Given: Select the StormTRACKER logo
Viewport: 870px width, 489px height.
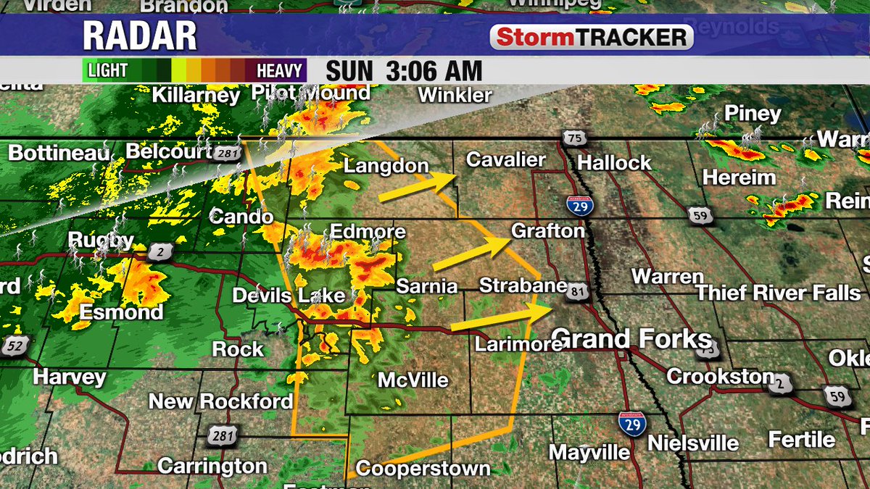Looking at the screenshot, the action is pyautogui.click(x=591, y=38).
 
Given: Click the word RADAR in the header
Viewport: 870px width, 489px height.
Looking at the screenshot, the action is pyautogui.click(x=139, y=36).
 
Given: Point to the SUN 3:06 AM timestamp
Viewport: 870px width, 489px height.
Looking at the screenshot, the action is pyautogui.click(x=404, y=71).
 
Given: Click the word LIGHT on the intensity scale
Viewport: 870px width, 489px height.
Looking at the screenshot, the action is pyautogui.click(x=108, y=71).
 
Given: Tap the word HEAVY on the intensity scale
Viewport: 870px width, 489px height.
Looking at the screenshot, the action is pyautogui.click(x=279, y=71).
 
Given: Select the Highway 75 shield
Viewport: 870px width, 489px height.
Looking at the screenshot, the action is pyautogui.click(x=573, y=139).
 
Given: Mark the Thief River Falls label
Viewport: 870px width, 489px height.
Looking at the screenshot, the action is pyautogui.click(x=778, y=293).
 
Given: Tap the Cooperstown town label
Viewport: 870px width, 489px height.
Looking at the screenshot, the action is pyautogui.click(x=423, y=469).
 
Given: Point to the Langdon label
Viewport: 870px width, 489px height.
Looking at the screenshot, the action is pyautogui.click(x=386, y=166).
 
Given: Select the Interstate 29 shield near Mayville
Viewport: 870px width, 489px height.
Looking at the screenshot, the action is pyautogui.click(x=633, y=425).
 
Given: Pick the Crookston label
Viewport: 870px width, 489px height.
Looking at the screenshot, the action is pyautogui.click(x=721, y=376).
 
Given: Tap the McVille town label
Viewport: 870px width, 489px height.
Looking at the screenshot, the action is pyautogui.click(x=413, y=380).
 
